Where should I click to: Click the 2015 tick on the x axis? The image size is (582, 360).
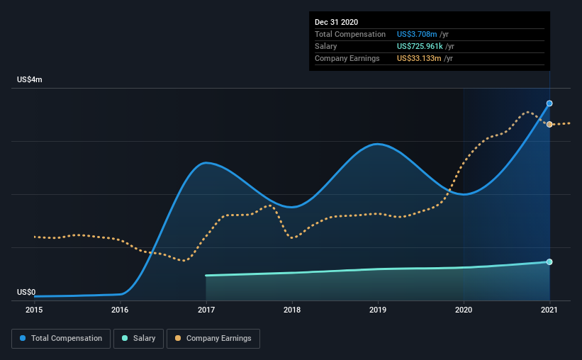[34, 310]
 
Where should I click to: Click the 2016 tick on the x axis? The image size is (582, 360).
[120, 310]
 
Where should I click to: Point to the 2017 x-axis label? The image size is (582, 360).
[206, 310]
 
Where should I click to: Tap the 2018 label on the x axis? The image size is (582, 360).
[292, 310]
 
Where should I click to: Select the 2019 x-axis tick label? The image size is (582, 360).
[378, 310]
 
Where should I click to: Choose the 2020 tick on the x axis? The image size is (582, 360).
[464, 310]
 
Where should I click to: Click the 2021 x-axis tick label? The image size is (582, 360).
[549, 310]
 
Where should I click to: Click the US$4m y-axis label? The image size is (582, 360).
[30, 80]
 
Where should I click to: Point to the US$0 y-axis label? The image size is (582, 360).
[26, 292]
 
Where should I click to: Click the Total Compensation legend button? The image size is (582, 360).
[61, 339]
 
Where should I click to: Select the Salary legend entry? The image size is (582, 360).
[139, 339]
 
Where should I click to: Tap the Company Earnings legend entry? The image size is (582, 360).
[213, 339]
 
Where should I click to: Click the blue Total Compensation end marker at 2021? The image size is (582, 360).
[549, 103]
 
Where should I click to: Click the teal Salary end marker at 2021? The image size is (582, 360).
[549, 262]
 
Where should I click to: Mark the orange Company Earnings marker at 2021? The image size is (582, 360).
[549, 125]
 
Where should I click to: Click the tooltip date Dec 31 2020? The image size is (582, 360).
[337, 22]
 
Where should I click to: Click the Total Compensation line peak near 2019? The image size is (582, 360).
[378, 144]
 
